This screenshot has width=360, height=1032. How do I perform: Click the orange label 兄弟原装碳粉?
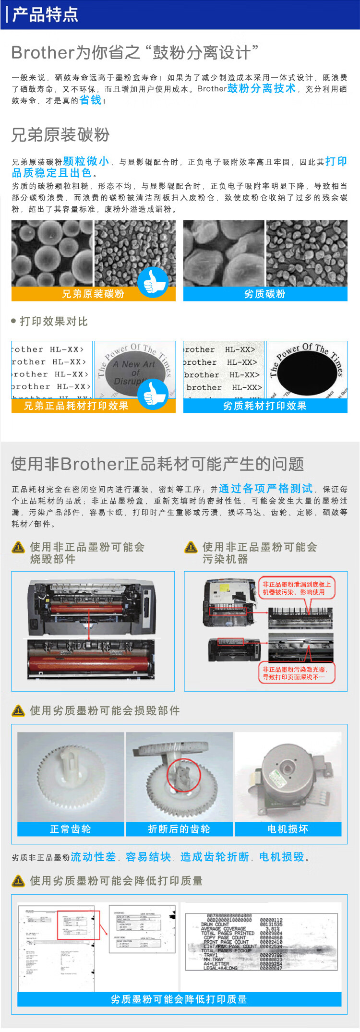tap(93, 294)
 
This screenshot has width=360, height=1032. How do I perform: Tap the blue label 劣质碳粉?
tap(265, 294)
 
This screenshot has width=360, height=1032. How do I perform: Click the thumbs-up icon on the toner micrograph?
tap(153, 282)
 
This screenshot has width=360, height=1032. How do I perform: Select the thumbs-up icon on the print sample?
tap(153, 394)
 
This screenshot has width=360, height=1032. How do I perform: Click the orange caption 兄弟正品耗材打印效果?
tap(77, 406)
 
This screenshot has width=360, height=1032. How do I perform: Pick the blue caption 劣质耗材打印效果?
tap(265, 406)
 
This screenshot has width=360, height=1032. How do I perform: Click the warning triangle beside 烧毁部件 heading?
tap(18, 547)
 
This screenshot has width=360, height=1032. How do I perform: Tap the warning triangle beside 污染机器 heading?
tap(191, 547)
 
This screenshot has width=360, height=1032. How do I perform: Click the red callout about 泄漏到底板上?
tap(296, 588)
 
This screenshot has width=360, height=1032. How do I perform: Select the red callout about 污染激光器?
tap(296, 673)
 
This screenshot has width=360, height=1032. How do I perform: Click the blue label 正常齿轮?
tap(71, 829)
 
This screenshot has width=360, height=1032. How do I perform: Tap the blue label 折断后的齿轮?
tap(179, 829)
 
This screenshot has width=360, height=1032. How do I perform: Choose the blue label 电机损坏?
tap(288, 829)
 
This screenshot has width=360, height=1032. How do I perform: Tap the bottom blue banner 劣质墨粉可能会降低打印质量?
tap(179, 999)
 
